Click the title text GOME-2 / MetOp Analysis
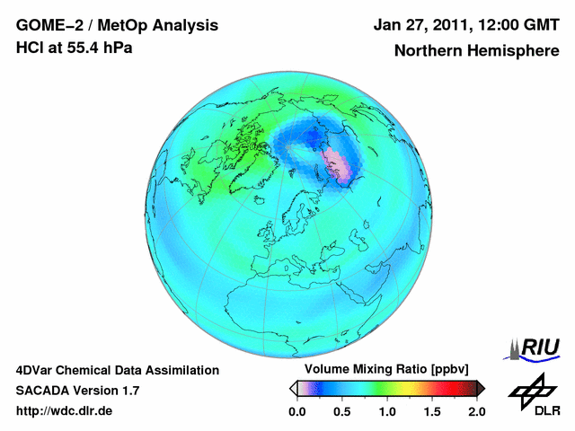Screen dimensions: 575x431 coord(117,25)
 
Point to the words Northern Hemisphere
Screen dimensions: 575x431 coord(477,50)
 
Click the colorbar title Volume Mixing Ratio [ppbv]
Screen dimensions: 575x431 coord(386,369)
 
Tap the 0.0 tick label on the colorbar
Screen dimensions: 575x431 coord(296,411)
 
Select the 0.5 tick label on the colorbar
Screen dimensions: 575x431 coord(341,411)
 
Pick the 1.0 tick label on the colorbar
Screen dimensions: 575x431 coord(387,411)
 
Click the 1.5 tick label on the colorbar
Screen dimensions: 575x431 coord(432,411)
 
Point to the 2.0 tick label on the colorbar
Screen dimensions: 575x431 coord(477,411)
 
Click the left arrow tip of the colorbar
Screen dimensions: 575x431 coord(290,389)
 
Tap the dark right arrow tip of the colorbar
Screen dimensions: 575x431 coord(484,389)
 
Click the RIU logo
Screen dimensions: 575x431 coord(532,349)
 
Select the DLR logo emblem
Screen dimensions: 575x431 coord(532,391)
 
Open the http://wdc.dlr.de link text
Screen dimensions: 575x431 coord(64,411)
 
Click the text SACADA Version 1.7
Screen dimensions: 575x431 coord(77,391)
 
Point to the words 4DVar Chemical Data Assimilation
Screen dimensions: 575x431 coord(118,371)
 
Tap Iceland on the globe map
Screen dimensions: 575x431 coord(260,199)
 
